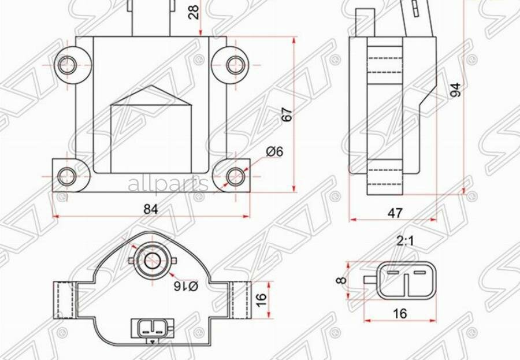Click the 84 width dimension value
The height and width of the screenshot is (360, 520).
pos(150,209)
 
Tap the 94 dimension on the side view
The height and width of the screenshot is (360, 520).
pos(456,90)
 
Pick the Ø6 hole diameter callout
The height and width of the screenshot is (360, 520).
pos(274,151)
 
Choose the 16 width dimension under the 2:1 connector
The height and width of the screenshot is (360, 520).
pos(399,313)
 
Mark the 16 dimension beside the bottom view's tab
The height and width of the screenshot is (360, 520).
pos(261,299)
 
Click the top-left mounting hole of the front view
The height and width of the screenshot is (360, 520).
pos(68,64)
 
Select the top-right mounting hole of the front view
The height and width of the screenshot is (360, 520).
pos(234,64)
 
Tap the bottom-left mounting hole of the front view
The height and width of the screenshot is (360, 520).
pos(68,176)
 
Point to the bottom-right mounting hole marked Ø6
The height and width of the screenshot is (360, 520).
pos(234,176)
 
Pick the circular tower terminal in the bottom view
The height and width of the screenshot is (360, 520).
pos(153,260)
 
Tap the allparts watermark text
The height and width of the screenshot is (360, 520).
pos(168,185)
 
